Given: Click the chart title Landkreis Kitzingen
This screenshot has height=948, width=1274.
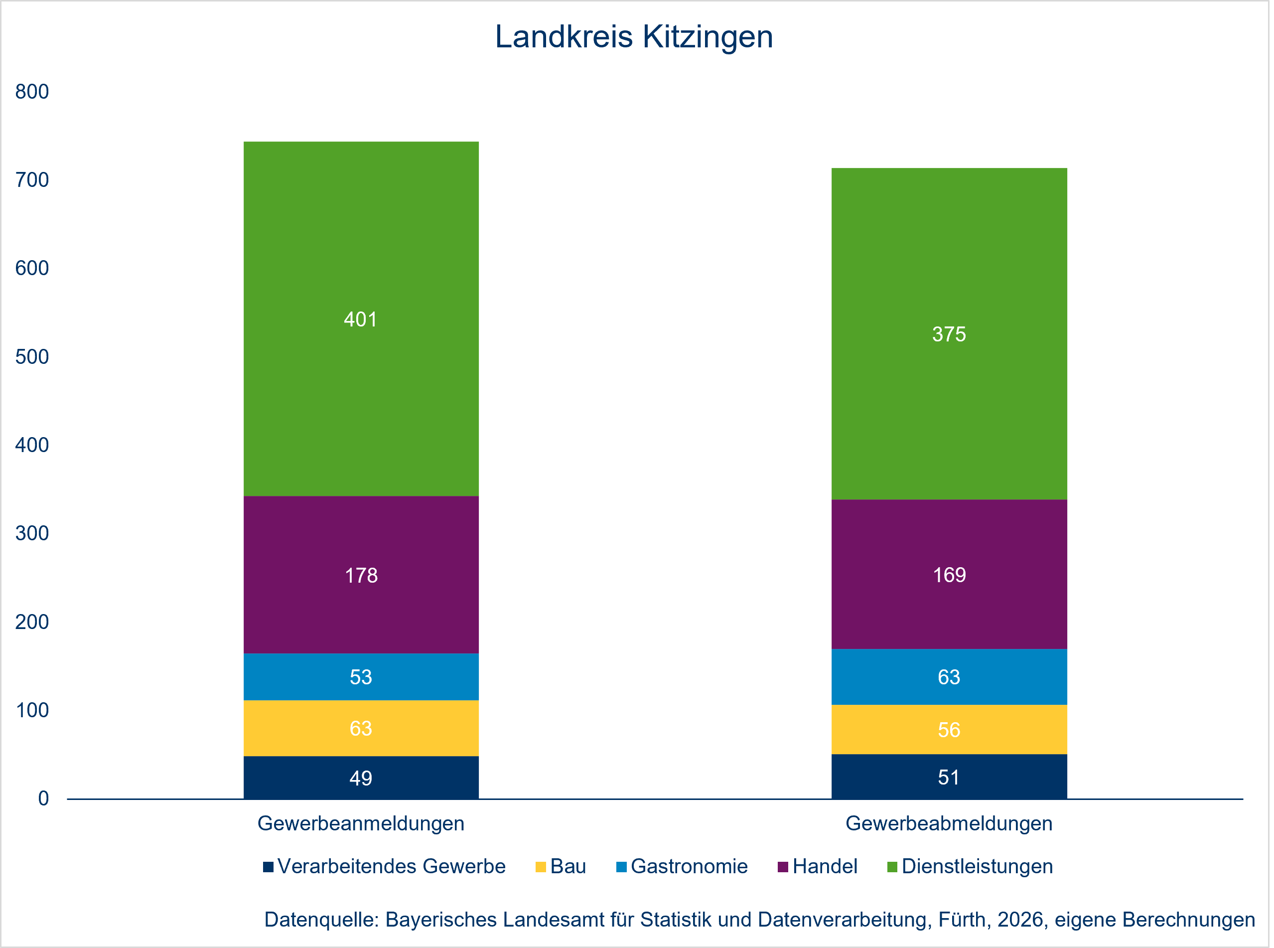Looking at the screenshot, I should click(x=634, y=37).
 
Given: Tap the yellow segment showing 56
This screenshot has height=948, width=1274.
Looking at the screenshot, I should click(x=949, y=729).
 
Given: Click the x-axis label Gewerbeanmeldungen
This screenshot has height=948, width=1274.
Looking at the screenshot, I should click(x=361, y=823).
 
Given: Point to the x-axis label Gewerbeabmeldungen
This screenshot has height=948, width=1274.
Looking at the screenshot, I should click(x=949, y=823).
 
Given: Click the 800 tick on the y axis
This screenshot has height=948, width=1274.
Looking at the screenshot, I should click(x=32, y=92).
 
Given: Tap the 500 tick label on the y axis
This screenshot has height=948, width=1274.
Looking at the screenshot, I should click(x=32, y=357).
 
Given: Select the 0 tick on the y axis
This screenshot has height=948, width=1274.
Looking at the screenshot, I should click(x=43, y=798).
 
